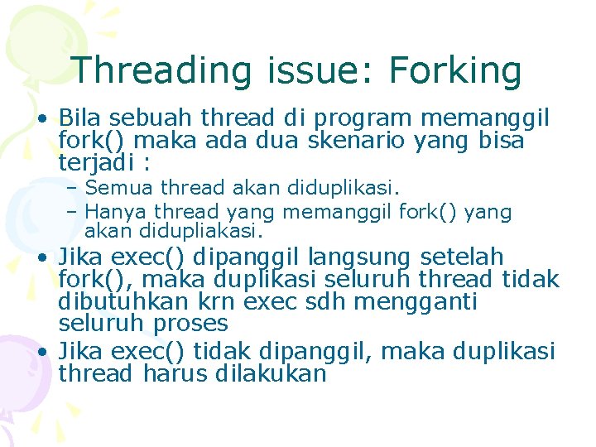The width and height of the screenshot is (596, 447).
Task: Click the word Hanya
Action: (116, 212)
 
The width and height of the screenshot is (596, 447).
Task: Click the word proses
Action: (188, 324)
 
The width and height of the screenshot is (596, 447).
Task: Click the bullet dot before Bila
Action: (41, 118)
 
